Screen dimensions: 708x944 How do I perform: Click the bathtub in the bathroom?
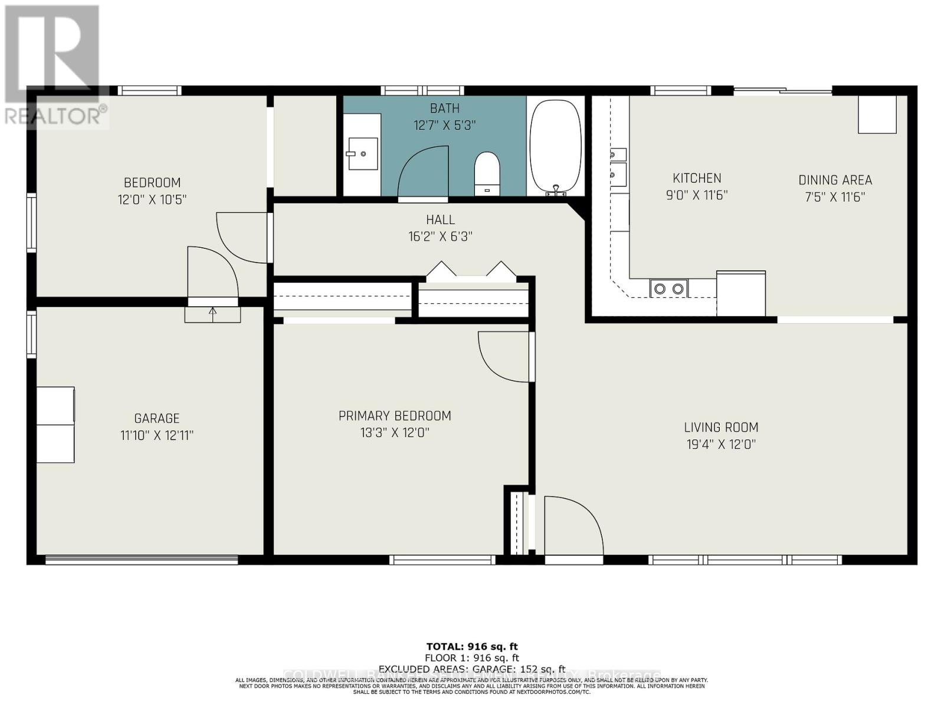coord(555,146)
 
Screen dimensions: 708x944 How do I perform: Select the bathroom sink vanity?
coord(362,154)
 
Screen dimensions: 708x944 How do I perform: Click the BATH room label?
coord(444,109)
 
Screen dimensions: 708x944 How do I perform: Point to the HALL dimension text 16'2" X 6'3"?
coord(440,237)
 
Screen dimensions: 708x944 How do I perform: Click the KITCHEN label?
coord(697,178)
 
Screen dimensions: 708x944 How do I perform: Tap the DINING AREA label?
coord(835,180)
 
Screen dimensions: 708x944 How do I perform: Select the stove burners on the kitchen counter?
coord(669,289)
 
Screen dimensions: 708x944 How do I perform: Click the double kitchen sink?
coord(618,164)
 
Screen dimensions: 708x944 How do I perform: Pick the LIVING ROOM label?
coord(721,427)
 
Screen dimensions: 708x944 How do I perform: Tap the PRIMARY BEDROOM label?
coord(395,416)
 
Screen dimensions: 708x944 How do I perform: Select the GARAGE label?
coord(157,418)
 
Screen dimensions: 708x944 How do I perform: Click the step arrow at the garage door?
coord(212,313)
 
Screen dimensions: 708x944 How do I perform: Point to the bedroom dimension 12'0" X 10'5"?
coord(152,199)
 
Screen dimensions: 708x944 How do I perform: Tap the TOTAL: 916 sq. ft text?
coord(472,647)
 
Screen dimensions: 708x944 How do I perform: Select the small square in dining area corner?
coord(877,114)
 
